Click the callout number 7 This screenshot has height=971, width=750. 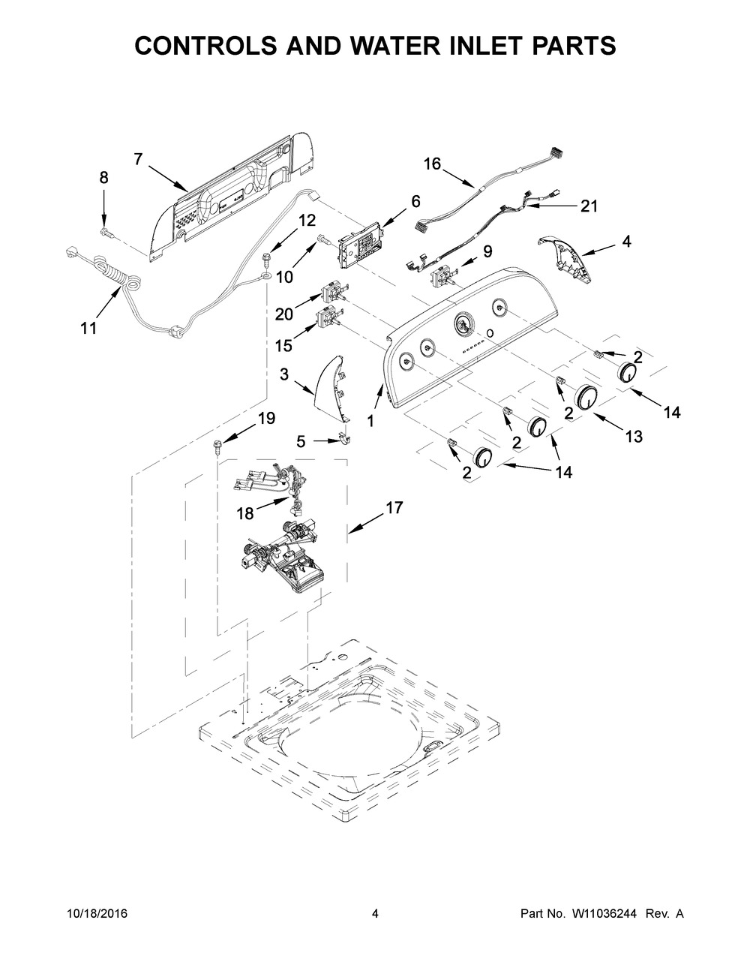pyautogui.click(x=138, y=158)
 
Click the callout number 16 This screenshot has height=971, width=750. pyautogui.click(x=433, y=164)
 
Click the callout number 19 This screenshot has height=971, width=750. pyautogui.click(x=266, y=419)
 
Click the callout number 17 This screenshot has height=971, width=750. pyautogui.click(x=394, y=508)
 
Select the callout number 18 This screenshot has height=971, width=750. pyautogui.click(x=244, y=513)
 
